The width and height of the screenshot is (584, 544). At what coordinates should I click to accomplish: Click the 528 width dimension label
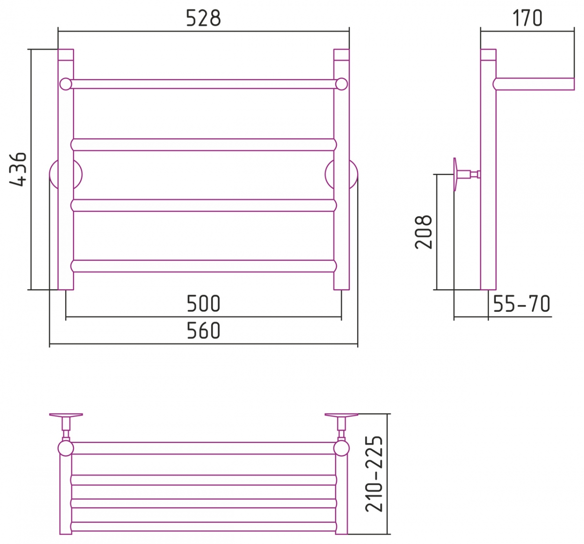point(203,18)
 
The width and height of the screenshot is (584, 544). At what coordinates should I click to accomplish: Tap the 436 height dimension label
point(18,169)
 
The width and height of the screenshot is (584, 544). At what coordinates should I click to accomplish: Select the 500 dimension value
point(203,303)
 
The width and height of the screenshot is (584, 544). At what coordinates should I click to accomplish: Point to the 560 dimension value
point(203,330)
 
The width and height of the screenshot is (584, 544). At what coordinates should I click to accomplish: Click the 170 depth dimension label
point(527,18)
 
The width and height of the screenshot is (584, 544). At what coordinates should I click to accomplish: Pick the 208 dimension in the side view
point(423,232)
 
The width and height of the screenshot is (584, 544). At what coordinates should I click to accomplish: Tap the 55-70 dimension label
point(521,303)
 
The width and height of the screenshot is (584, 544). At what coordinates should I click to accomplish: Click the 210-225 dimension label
point(374,474)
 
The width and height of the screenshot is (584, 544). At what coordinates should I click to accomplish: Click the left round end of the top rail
point(66,84)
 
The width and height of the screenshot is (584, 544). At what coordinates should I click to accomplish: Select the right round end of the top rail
point(342,84)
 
